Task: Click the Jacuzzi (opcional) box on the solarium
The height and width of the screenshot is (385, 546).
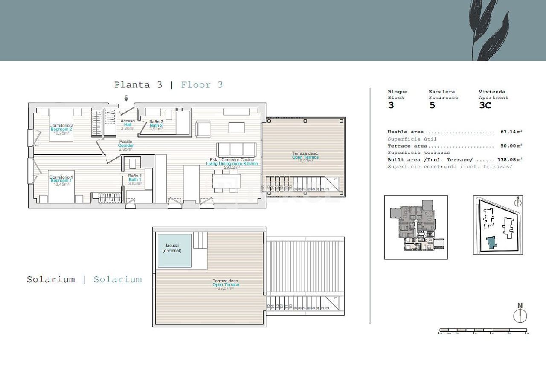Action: tap(174, 250)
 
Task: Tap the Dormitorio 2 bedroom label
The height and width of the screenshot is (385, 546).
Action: tap(61, 125)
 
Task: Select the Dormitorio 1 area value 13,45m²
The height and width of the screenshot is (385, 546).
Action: tap(61, 185)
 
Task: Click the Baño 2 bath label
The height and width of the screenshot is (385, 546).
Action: tap(156, 122)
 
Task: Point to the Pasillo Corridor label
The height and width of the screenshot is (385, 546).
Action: tap(125, 141)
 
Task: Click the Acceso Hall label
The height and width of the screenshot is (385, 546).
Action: tap(128, 121)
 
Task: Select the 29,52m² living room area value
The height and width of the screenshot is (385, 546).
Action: tap(232, 168)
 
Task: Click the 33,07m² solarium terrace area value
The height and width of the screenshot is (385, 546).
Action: tap(226, 289)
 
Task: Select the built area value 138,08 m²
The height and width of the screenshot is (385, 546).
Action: tap(510, 159)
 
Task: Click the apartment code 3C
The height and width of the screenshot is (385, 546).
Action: tap(485, 105)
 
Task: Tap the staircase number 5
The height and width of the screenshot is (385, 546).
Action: tap(432, 105)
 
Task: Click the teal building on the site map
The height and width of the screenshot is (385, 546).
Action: tap(492, 243)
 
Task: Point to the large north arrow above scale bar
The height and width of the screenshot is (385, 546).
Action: tap(520, 314)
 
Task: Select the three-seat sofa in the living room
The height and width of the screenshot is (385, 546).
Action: tap(236, 149)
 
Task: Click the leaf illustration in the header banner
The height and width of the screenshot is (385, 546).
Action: tap(486, 30)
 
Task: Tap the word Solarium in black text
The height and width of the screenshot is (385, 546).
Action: tap(51, 280)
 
